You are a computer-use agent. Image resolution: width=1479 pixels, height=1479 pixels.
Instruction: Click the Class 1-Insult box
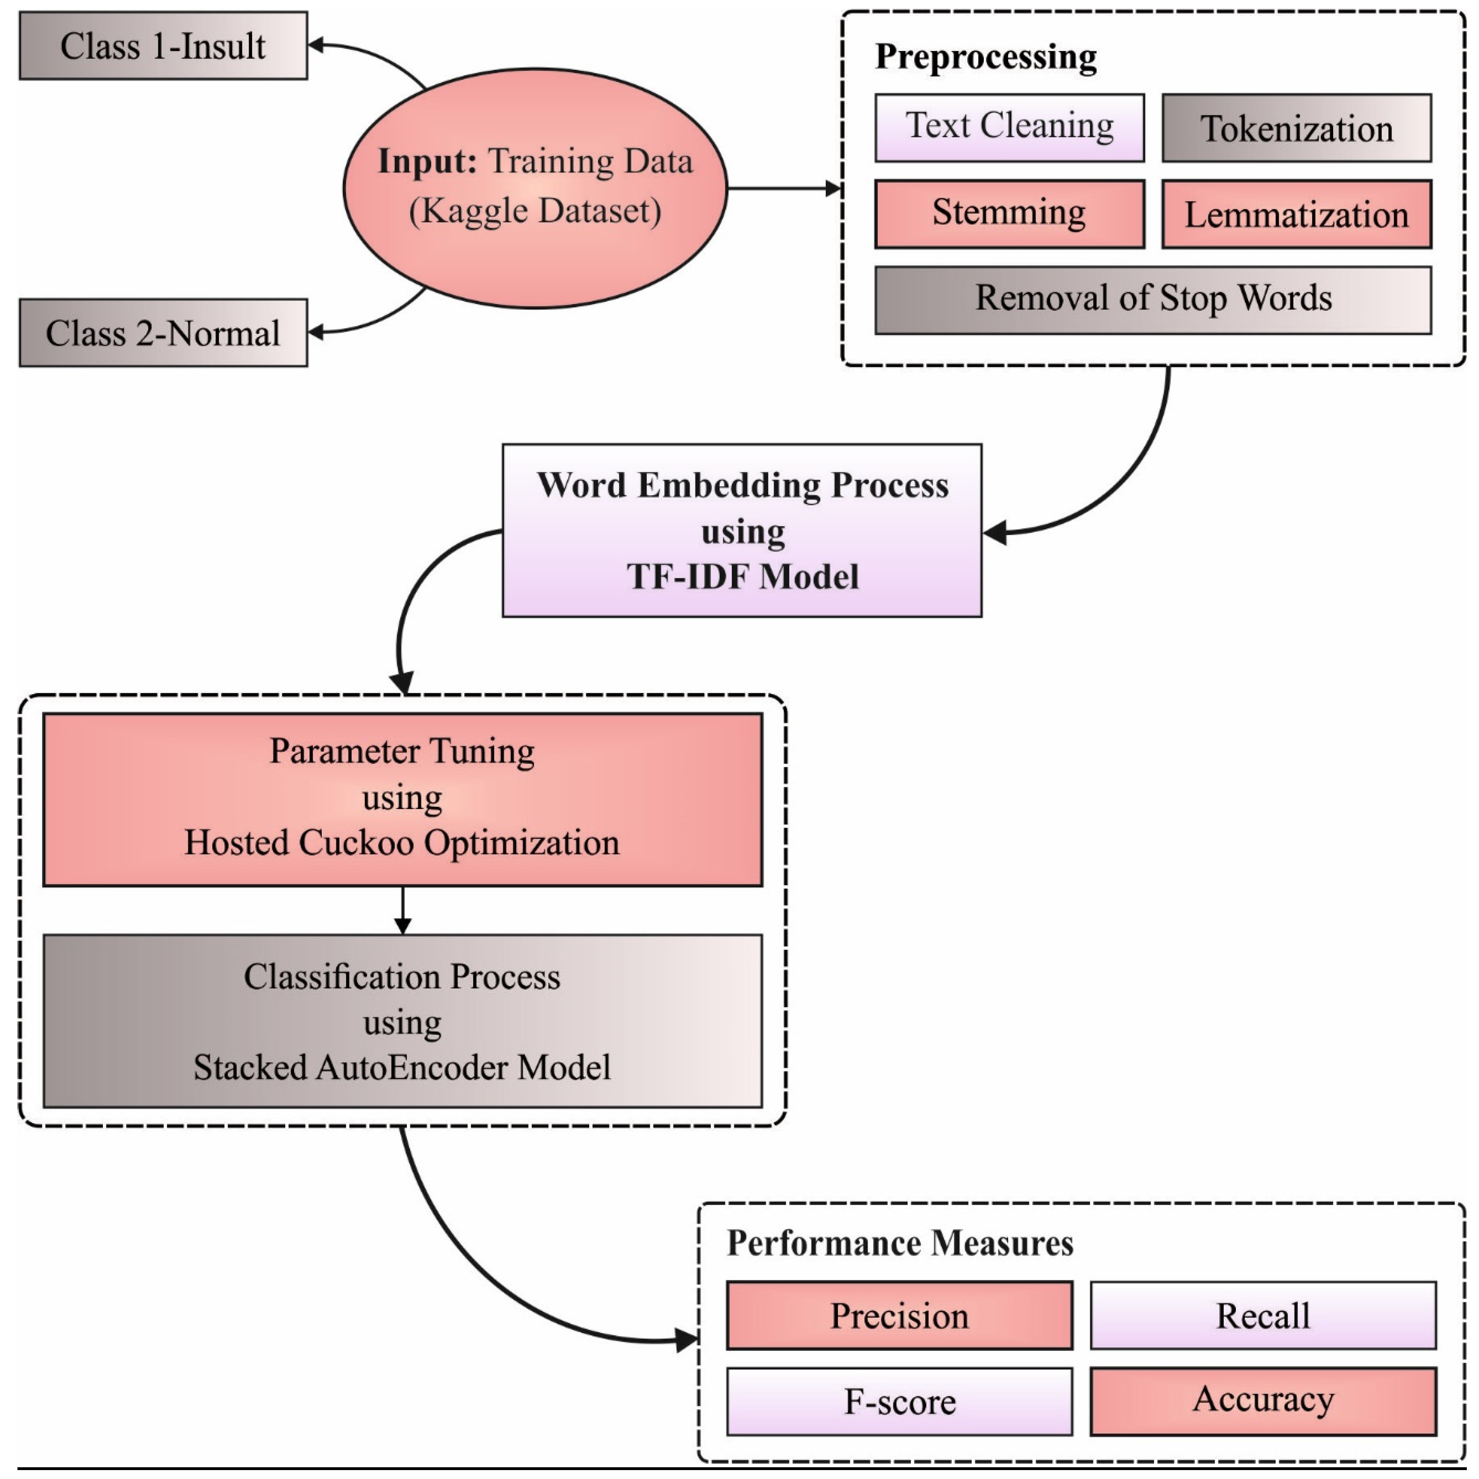pyautogui.click(x=163, y=46)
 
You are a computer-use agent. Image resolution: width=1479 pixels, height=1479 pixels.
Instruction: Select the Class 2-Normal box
pyautogui.click(x=163, y=333)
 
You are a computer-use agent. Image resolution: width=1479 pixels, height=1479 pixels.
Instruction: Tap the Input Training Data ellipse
pyautogui.click(x=535, y=188)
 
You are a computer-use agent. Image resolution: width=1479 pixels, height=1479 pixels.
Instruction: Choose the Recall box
pyautogui.click(x=1263, y=1315)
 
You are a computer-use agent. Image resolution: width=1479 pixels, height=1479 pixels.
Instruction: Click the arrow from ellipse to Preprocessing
pyautogui.click(x=784, y=188)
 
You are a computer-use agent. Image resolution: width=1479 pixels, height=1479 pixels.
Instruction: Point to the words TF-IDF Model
pyautogui.click(x=743, y=577)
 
